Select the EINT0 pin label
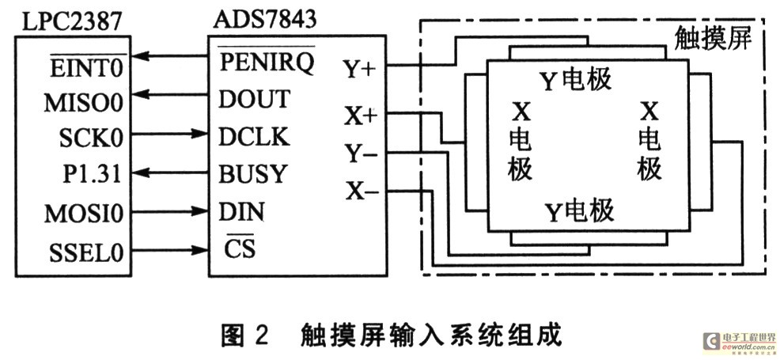[x=86, y=67]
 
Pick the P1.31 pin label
[x=92, y=174]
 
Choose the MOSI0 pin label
[x=83, y=214]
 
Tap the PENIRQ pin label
[x=266, y=61]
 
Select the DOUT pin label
[x=254, y=100]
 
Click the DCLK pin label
[x=254, y=137]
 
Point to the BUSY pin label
[x=253, y=174]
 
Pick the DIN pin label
[x=241, y=213]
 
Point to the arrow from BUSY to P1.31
[x=169, y=172]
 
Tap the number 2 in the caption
[x=261, y=335]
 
